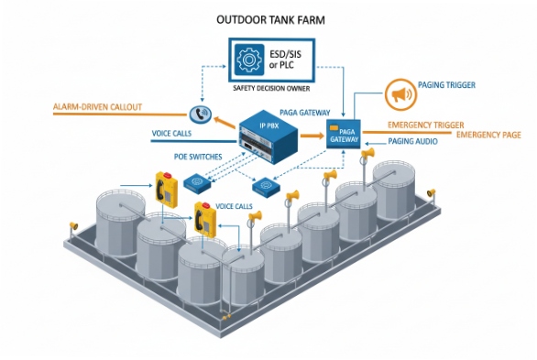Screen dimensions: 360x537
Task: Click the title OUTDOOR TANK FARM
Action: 268,17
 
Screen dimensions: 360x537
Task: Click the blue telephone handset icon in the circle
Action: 199,114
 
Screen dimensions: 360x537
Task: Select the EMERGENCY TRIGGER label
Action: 425,124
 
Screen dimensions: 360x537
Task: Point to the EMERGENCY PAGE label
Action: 488,135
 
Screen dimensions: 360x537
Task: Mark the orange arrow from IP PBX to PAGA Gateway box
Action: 311,133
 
